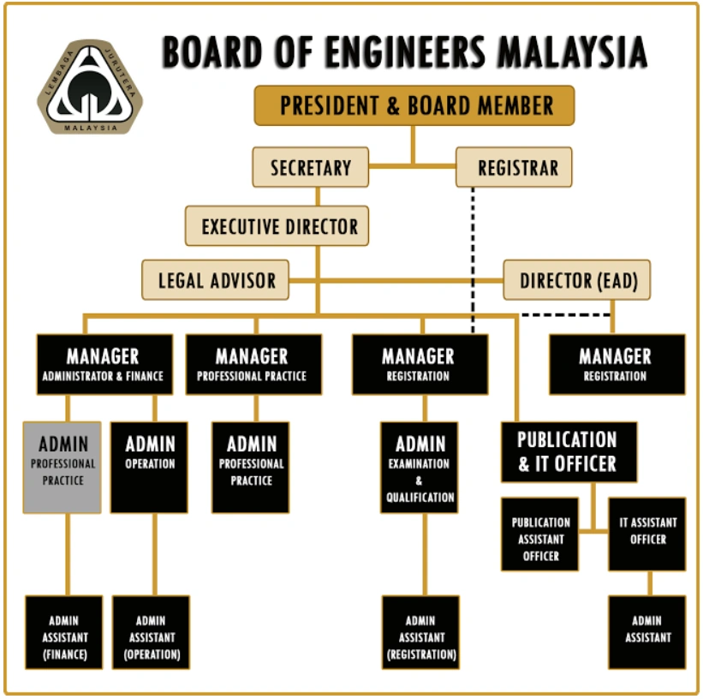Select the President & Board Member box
[414, 106]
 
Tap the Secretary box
[310, 167]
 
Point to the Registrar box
[513, 167]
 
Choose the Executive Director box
[278, 227]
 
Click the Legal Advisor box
[216, 280]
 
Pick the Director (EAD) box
[577, 280]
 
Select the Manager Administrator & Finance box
[103, 364]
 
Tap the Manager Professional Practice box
[253, 364]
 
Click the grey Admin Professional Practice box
[62, 467]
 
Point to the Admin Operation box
[150, 467]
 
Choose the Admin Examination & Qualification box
[420, 467]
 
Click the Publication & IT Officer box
[569, 451]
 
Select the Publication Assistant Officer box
[540, 534]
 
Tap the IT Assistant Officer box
[647, 534]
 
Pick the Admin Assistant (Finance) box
[63, 632]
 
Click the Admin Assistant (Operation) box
[152, 632]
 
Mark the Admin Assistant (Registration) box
[420, 632]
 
